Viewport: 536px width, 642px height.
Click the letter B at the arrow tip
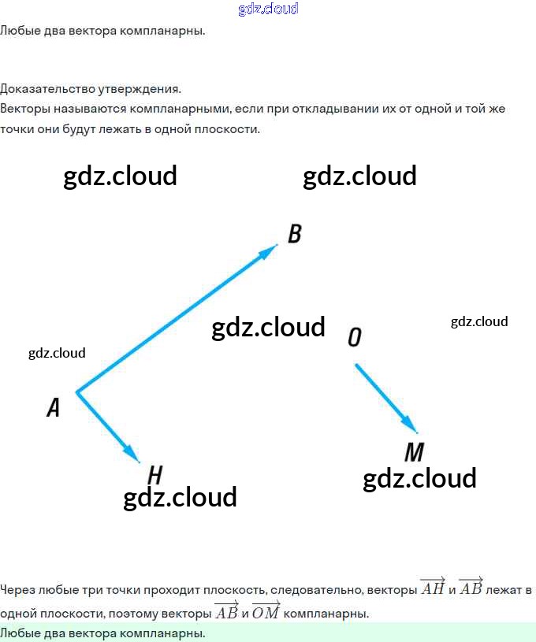tap(295, 234)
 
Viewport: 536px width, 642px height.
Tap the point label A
tap(54, 407)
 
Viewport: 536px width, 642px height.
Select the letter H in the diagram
tap(155, 475)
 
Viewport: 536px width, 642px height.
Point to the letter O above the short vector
tap(355, 337)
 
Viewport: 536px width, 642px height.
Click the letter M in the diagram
tap(414, 452)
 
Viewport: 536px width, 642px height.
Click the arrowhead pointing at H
tap(132, 455)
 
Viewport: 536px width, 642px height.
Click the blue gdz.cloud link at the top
tap(268, 9)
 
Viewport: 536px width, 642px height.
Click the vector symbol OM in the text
tap(266, 611)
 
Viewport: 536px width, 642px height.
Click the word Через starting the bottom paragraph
tap(17, 589)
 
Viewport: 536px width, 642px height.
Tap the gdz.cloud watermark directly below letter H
tap(181, 497)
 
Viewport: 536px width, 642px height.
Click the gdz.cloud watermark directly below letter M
tap(419, 478)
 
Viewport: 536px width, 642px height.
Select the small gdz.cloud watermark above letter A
tap(57, 353)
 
